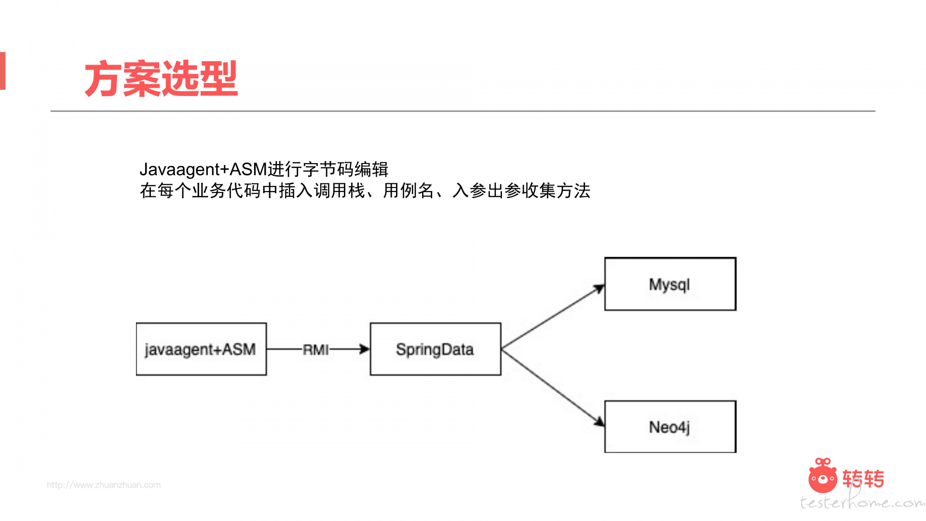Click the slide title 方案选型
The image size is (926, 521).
[161, 79]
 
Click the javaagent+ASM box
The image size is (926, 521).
[201, 349]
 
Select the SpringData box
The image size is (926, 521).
[436, 349]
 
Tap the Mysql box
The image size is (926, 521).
[670, 284]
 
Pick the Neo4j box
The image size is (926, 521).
[670, 426]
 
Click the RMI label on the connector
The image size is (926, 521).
[316, 349]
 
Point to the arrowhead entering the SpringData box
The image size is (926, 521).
[365, 349]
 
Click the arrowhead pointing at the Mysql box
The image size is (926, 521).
[599, 289]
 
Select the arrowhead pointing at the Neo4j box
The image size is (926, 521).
[599, 422]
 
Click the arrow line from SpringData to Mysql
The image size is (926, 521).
[553, 317]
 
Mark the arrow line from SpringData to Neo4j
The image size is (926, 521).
[553, 388]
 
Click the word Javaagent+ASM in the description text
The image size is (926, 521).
[203, 169]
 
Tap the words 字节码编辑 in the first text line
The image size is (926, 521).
[345, 169]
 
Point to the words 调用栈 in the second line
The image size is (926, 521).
[340, 191]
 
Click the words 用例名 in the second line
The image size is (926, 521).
[409, 191]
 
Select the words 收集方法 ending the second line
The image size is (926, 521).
[556, 191]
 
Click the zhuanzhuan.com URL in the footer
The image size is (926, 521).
[104, 485]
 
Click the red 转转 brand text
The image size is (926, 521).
[863, 479]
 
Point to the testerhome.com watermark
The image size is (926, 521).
[862, 502]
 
